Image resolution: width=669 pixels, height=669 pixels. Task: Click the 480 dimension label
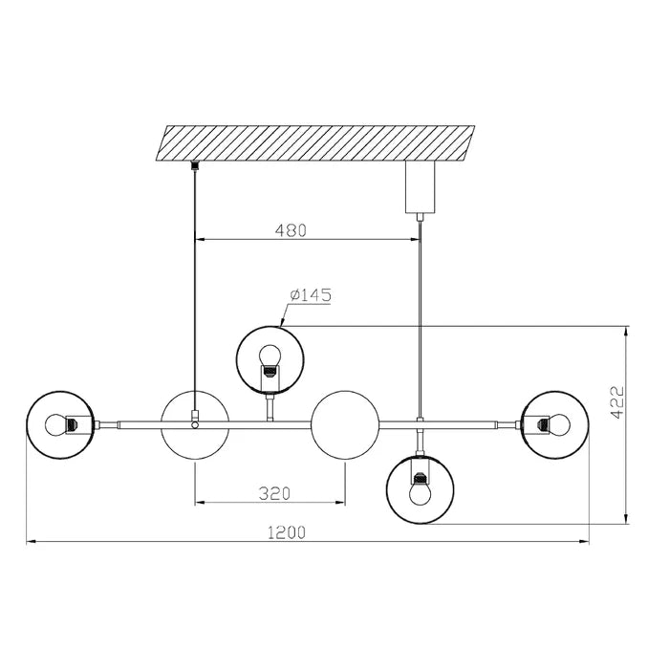tap(291, 230)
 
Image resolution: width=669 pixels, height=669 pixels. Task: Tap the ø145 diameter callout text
tap(311, 294)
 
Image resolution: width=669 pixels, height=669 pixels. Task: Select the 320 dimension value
tap(274, 493)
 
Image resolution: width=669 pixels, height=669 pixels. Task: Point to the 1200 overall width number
tap(287, 532)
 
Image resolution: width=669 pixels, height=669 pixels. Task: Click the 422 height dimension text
tap(617, 402)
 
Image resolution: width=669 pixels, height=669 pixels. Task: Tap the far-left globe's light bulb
tap(55, 425)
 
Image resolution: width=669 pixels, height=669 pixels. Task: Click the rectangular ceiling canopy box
tap(420, 187)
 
